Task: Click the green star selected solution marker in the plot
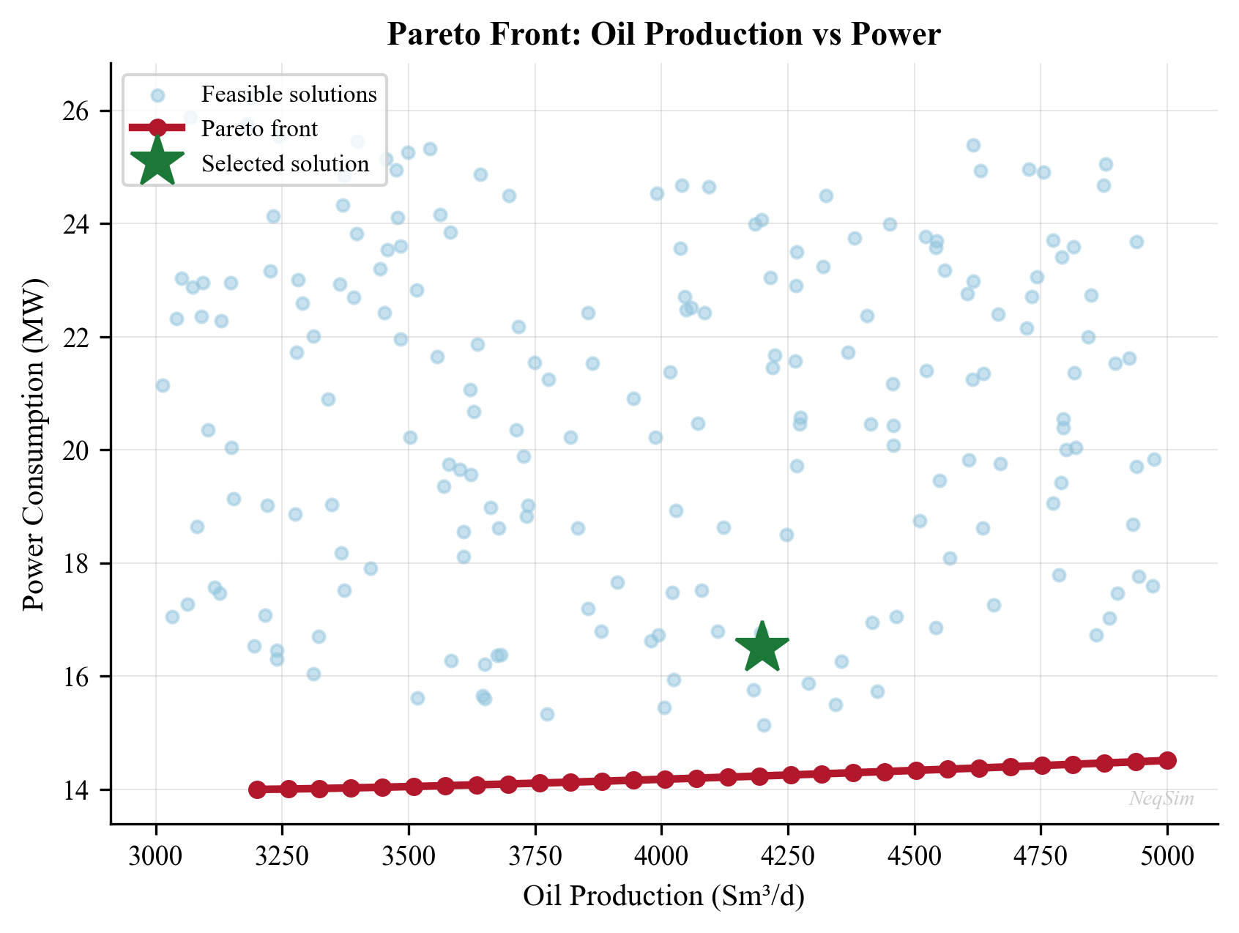(x=762, y=647)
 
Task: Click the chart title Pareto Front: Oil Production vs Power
(x=663, y=34)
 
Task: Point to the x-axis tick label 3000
(x=155, y=855)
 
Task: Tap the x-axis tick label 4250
(x=788, y=855)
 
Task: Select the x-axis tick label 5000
(x=1167, y=855)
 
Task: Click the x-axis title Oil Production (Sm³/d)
(x=663, y=896)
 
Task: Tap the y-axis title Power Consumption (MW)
(x=34, y=444)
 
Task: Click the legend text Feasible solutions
(x=289, y=94)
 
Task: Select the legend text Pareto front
(x=260, y=129)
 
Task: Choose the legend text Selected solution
(x=286, y=163)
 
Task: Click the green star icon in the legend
(x=157, y=162)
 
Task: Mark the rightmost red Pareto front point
(x=1167, y=760)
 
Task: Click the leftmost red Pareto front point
(x=257, y=789)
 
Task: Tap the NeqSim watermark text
(x=1161, y=799)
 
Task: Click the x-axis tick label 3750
(x=535, y=855)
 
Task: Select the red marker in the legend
(x=157, y=128)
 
